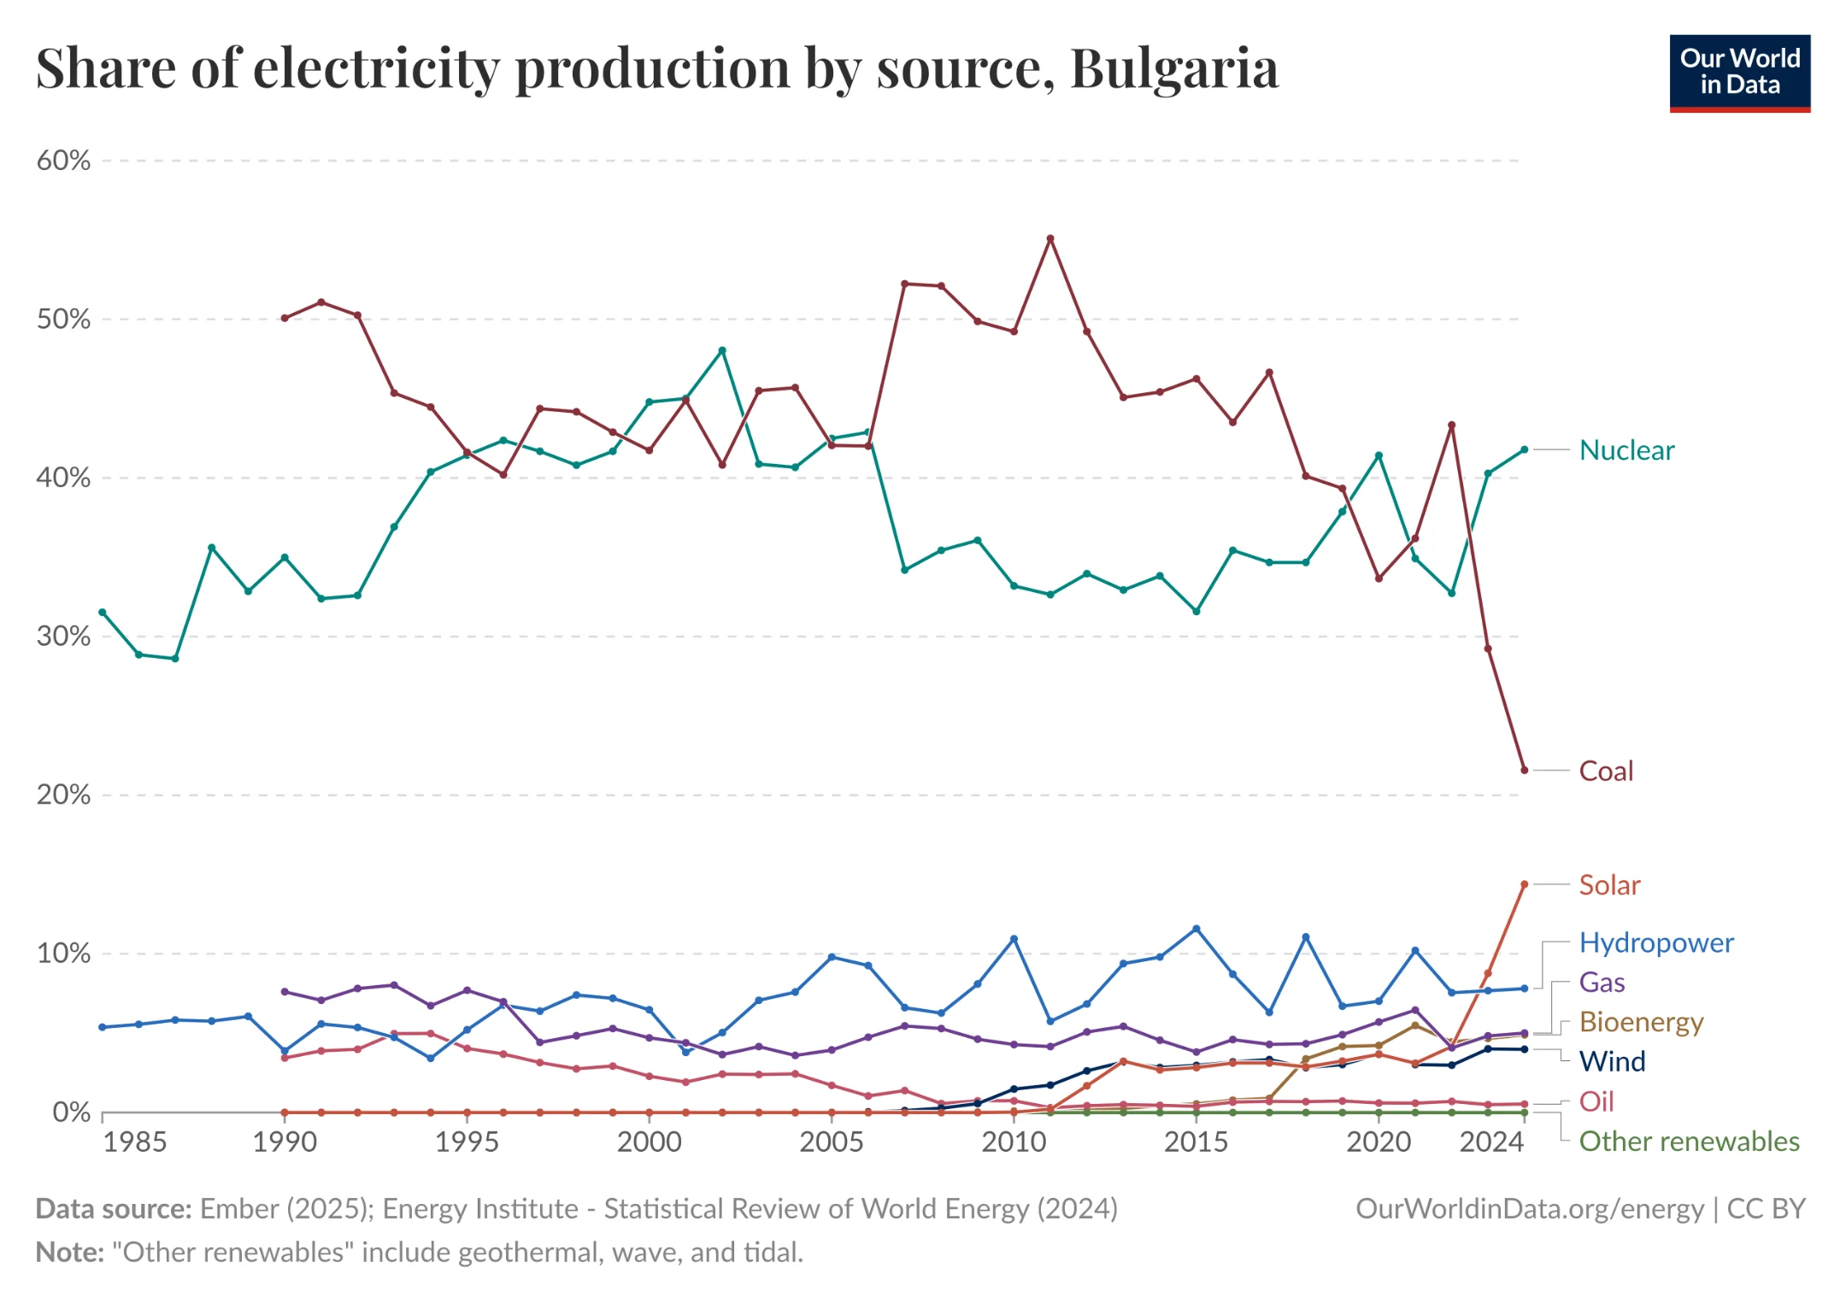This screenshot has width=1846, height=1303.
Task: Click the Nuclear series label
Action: tap(1626, 450)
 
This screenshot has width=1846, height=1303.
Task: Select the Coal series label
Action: tap(1605, 771)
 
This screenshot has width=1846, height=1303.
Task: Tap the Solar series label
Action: tap(1608, 885)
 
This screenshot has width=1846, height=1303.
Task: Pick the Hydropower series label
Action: tap(1655, 942)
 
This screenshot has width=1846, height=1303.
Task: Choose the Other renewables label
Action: tap(1688, 1142)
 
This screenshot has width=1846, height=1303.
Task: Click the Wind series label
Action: tap(1612, 1061)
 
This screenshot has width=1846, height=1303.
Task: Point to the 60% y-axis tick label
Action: tap(63, 161)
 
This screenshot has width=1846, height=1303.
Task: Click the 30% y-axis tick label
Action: tap(63, 637)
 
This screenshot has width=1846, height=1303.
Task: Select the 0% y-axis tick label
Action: tap(71, 1112)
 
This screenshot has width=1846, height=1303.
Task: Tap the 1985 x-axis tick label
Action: tap(134, 1142)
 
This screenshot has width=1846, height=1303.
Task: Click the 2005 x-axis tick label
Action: tap(832, 1142)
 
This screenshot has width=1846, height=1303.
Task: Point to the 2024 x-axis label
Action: tap(1491, 1142)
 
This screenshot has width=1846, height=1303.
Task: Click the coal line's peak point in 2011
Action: tap(1050, 239)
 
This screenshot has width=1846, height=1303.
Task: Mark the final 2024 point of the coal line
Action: tap(1524, 770)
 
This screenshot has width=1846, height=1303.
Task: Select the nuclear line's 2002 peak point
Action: tap(722, 350)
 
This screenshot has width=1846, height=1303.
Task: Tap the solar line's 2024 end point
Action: tap(1524, 885)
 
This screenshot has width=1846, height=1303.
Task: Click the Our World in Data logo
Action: tap(1739, 73)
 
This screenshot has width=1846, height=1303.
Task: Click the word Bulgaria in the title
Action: tap(1173, 68)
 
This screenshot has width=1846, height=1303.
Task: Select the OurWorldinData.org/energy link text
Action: tap(1529, 1209)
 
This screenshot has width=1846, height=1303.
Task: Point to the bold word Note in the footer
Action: tap(69, 1253)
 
